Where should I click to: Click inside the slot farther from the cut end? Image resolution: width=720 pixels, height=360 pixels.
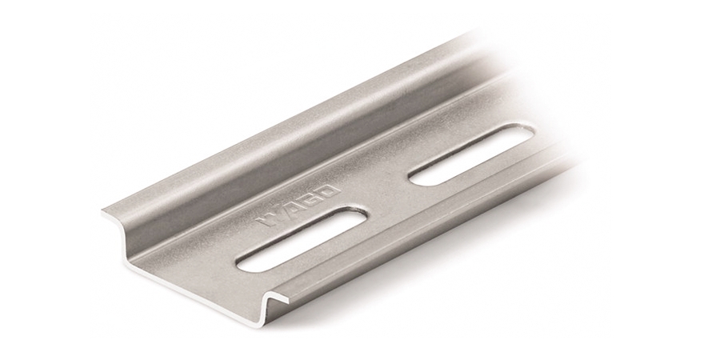[471, 155]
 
